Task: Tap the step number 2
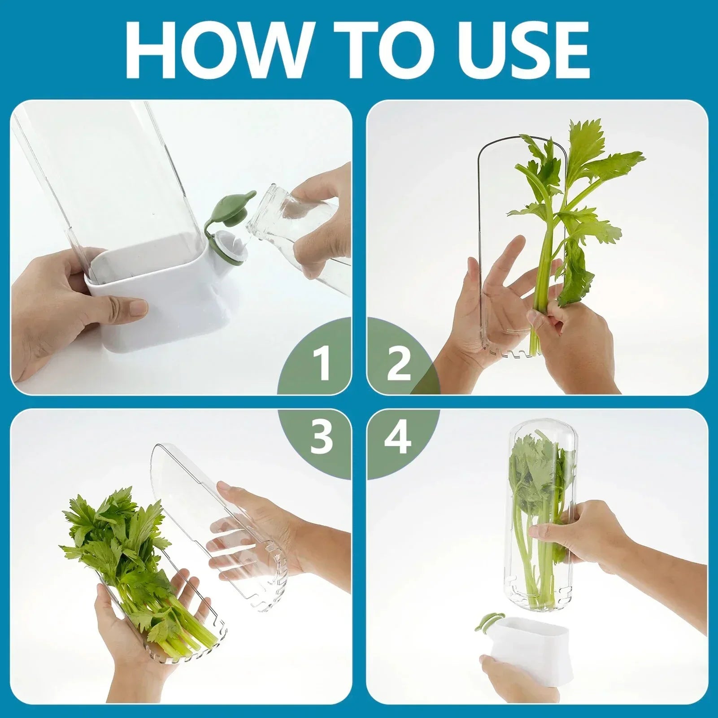pos(398,364)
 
